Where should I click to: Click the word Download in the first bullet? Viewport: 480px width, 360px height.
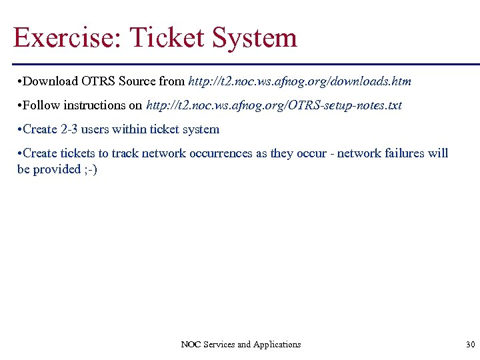tap(51, 81)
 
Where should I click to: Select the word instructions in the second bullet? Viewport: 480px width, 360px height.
tap(95, 105)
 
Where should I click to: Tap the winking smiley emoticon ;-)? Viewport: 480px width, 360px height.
tap(90, 169)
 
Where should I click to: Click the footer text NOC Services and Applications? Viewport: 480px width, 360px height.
tap(241, 345)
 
